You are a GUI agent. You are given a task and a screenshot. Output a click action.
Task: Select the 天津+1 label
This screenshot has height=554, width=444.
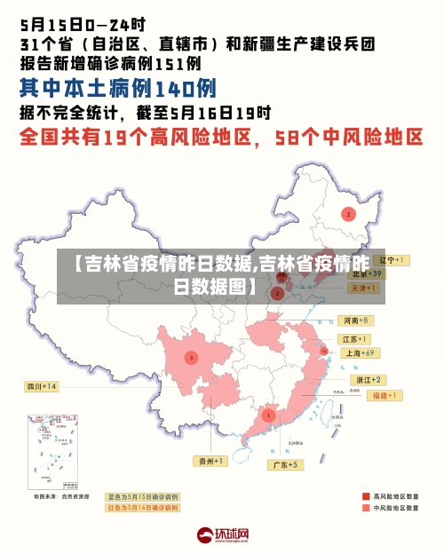click(x=365, y=289)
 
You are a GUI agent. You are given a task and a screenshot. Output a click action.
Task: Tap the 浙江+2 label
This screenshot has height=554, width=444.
click(x=369, y=379)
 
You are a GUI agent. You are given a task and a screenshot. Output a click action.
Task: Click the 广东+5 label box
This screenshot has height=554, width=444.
click(x=286, y=464)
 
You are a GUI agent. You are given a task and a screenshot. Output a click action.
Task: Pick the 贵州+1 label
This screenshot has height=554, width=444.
click(x=211, y=461)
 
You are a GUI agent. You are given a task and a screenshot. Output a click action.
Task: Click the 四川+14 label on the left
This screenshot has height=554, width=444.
click(x=41, y=386)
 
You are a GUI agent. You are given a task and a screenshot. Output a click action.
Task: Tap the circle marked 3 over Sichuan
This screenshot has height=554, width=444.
click(x=191, y=358)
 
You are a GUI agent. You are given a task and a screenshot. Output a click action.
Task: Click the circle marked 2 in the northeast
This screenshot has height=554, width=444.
click(x=349, y=214)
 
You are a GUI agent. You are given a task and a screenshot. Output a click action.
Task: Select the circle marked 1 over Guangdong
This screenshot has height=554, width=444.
click(x=268, y=415)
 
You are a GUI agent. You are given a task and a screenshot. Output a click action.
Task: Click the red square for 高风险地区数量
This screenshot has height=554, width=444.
click(x=365, y=496)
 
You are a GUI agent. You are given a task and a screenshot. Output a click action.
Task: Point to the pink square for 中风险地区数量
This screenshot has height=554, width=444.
click(x=365, y=509)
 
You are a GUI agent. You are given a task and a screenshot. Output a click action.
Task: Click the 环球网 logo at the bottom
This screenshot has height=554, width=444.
click(x=222, y=536)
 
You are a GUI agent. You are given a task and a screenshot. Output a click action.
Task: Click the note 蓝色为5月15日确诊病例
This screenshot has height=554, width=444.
click(x=142, y=496)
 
